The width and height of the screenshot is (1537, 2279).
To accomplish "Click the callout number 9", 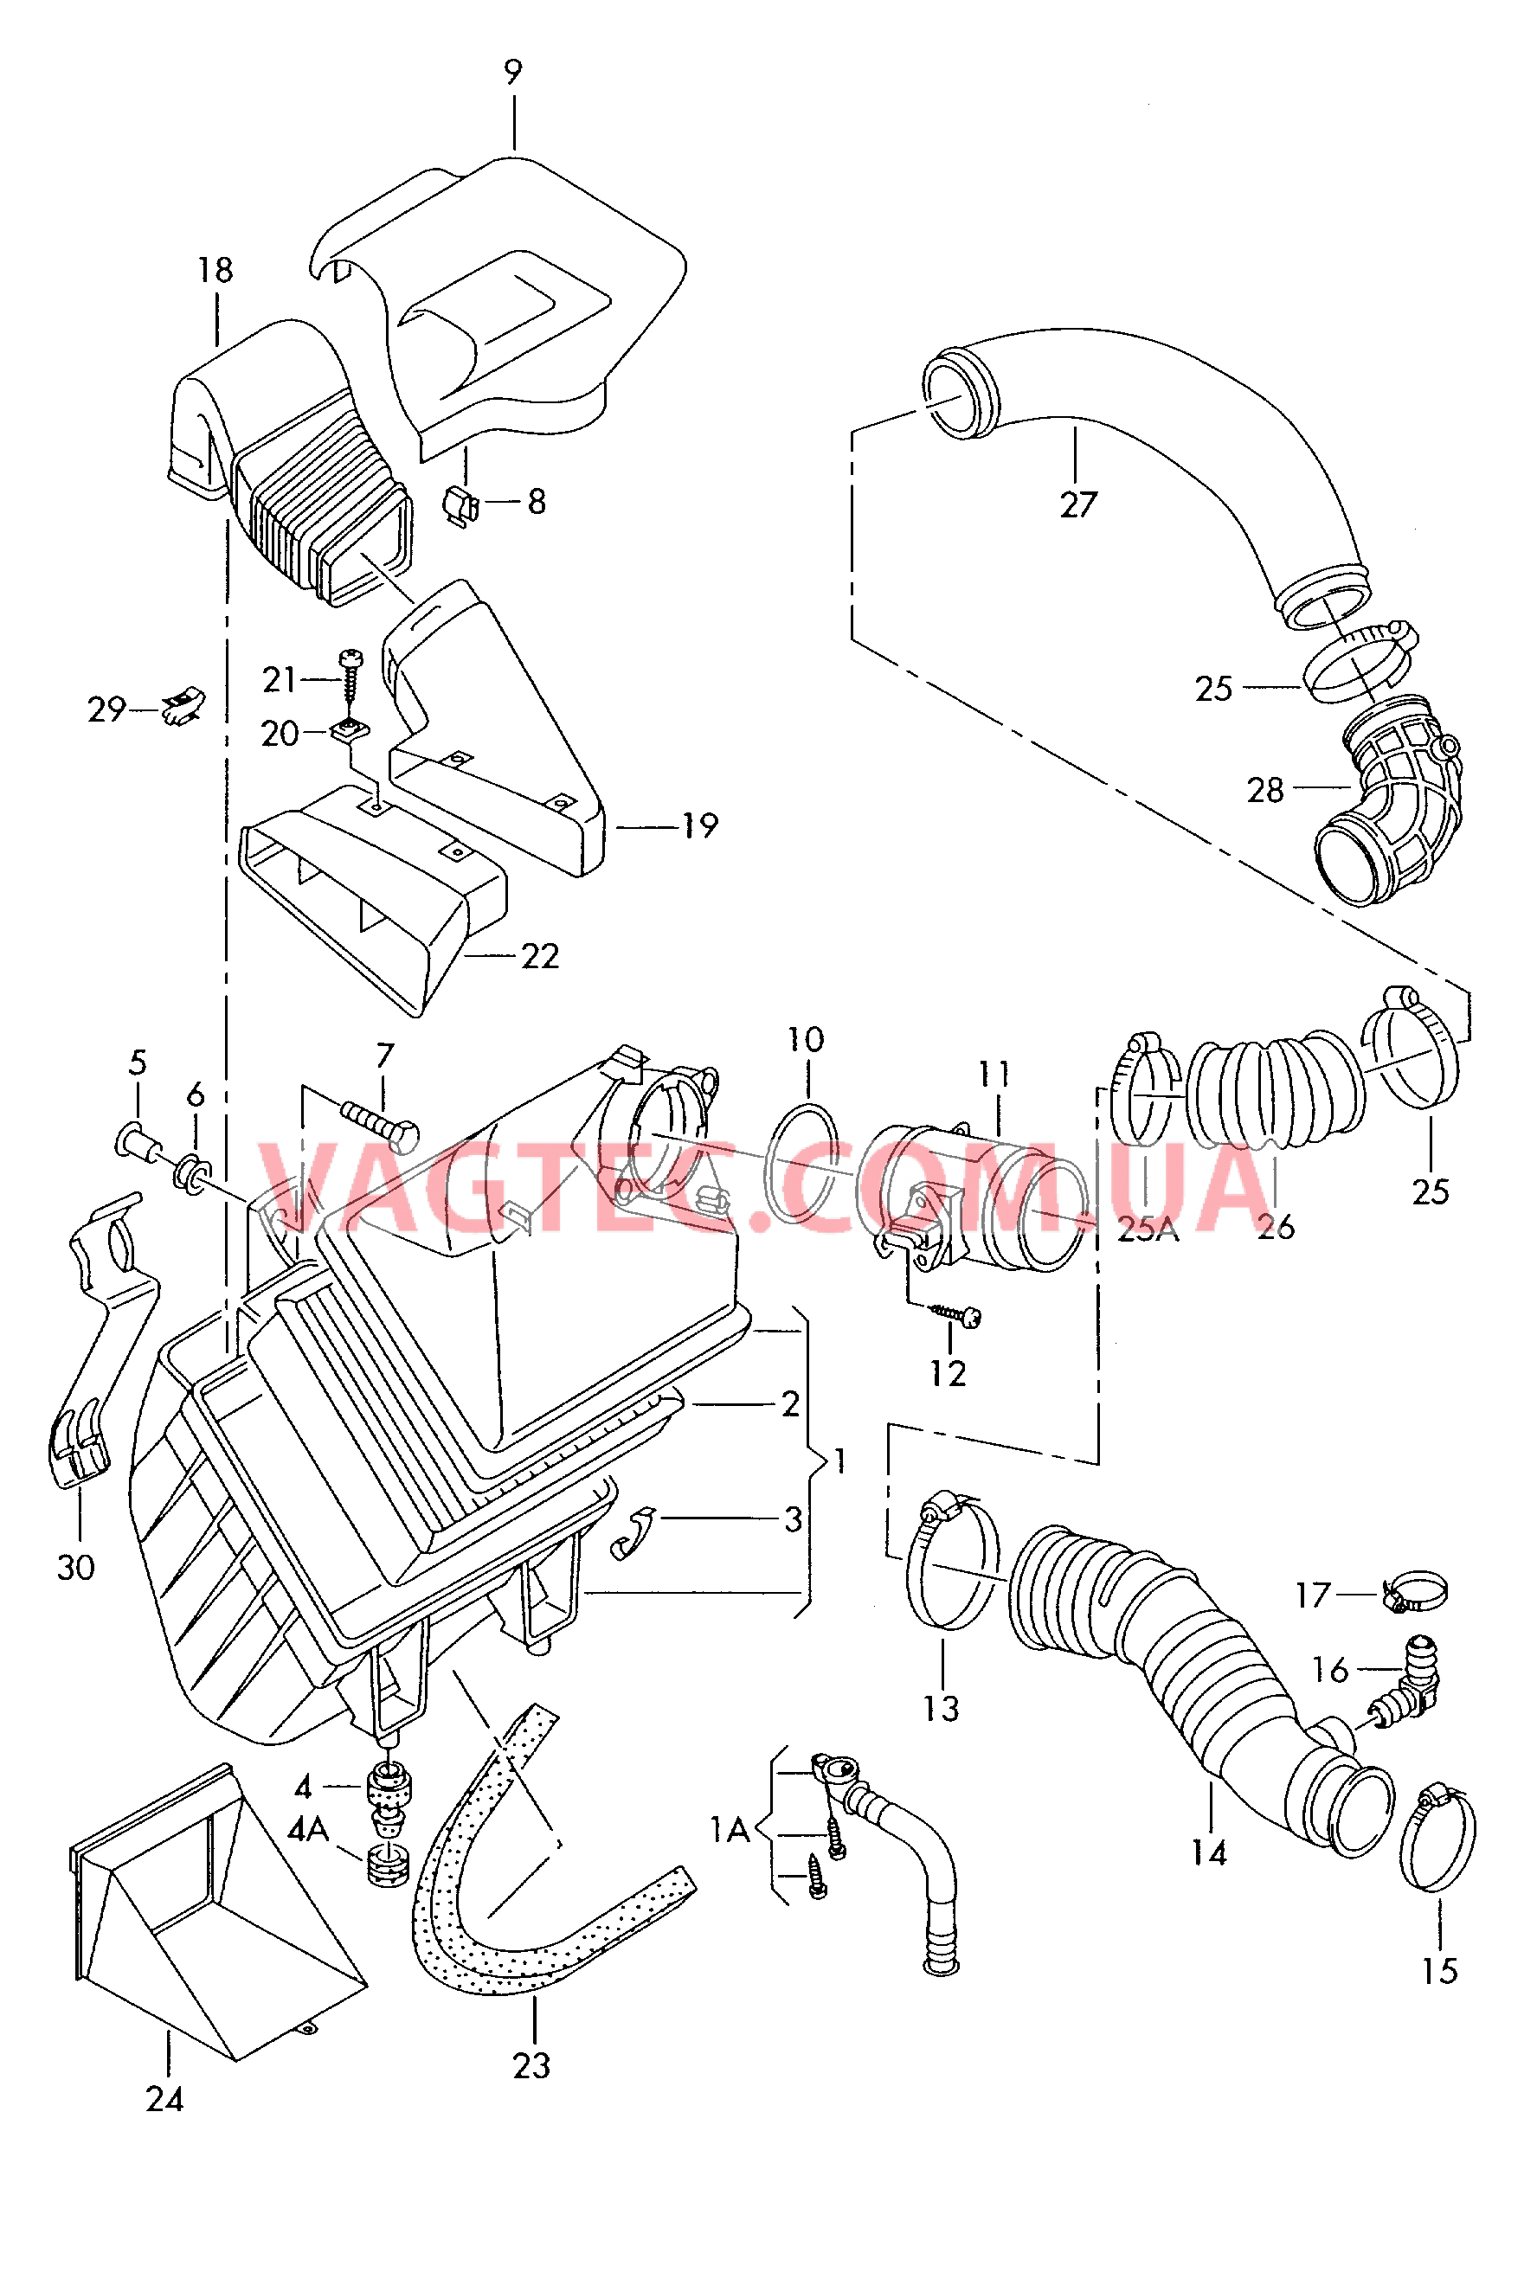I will pyautogui.click(x=512, y=73).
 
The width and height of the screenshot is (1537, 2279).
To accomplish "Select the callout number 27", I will pyautogui.click(x=1078, y=504).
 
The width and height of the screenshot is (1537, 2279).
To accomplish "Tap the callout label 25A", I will pyautogui.click(x=1148, y=1229).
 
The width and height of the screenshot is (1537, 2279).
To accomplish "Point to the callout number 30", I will pyautogui.click(x=75, y=1567).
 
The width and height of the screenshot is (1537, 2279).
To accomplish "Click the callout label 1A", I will pyautogui.click(x=730, y=1829).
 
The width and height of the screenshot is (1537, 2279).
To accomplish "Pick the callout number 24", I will pyautogui.click(x=164, y=2099).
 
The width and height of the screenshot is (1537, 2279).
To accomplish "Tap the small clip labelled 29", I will pyautogui.click(x=183, y=704).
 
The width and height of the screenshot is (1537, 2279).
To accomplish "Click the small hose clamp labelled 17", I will pyautogui.click(x=1412, y=1590).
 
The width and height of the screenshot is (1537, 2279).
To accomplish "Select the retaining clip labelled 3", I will pyautogui.click(x=631, y=1531).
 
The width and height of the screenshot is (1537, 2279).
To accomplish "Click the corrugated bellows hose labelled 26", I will pyautogui.click(x=1274, y=1089).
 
